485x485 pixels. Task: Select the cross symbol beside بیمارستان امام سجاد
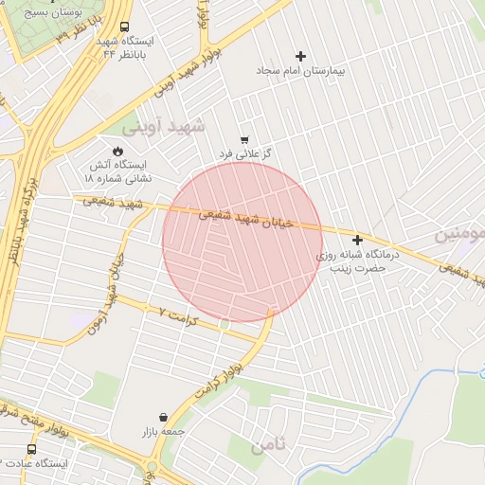coord(302,57)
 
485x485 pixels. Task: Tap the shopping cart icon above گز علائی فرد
coord(245,139)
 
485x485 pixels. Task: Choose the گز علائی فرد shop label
coord(245,153)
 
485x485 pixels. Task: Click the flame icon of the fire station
coord(117,151)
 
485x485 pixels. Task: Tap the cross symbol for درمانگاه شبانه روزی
coord(357,241)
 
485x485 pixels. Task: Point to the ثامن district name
coord(267,446)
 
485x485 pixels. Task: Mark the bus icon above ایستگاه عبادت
coord(32,449)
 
